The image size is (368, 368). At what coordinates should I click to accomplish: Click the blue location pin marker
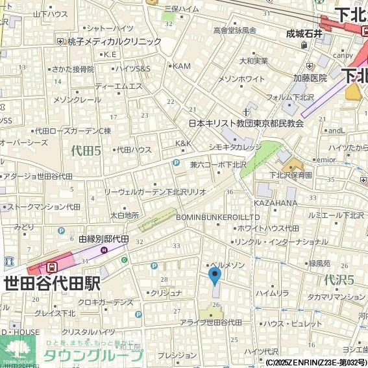[215, 276]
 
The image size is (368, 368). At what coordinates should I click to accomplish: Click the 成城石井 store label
[304, 34]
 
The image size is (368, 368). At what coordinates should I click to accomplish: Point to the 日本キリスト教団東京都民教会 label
[246, 123]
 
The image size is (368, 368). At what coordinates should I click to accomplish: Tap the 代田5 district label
[86, 151]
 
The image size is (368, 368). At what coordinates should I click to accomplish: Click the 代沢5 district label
[338, 280]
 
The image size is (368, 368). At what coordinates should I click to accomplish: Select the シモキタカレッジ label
[235, 147]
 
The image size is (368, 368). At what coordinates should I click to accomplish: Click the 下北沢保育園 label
[291, 175]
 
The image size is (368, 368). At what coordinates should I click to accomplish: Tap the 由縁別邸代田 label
[104, 239]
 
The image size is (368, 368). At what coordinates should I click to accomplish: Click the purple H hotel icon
[104, 250]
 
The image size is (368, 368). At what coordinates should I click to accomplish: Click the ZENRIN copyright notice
[316, 362]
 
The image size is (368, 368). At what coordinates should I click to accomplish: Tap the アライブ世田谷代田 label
[211, 323]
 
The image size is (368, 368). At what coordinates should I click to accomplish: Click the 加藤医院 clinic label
[310, 78]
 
